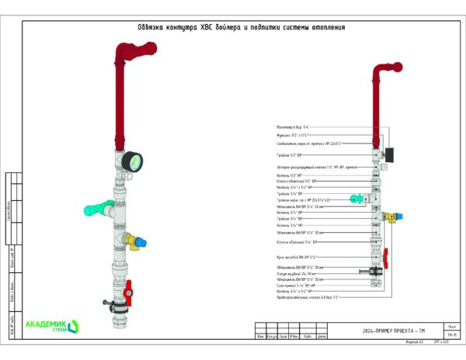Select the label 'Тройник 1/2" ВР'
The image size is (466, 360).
point(290,155)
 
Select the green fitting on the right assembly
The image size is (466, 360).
point(355,199)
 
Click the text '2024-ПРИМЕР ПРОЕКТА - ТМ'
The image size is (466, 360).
point(393,331)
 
